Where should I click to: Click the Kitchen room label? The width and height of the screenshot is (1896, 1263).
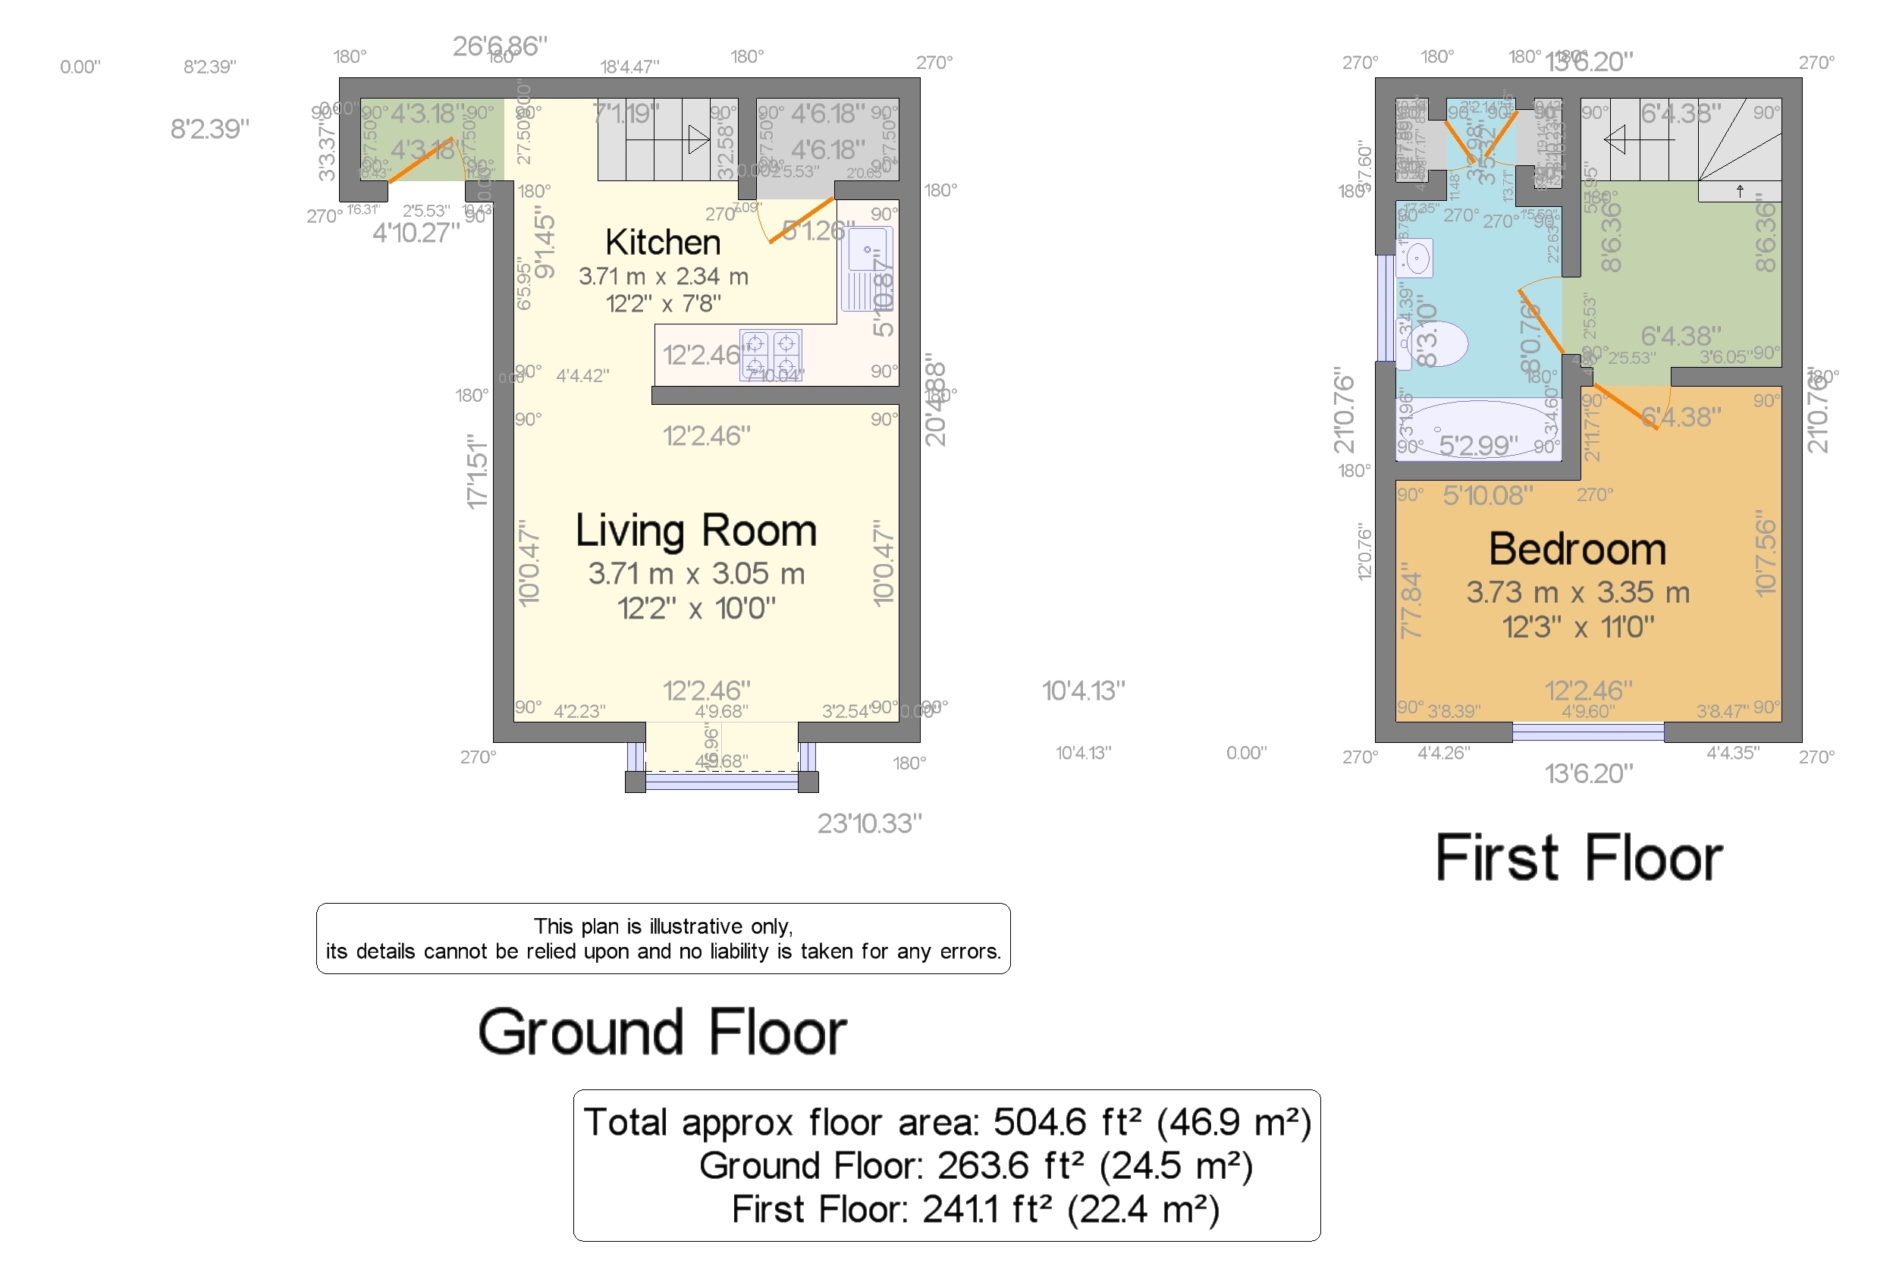click(x=662, y=243)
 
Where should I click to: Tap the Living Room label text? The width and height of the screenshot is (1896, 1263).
click(x=695, y=531)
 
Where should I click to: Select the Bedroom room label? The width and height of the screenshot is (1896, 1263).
click(x=1576, y=550)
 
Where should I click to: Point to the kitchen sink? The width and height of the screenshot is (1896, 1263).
click(x=867, y=268)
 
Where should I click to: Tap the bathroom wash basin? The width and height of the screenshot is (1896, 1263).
click(x=1416, y=258)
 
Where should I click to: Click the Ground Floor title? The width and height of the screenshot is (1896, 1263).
click(x=661, y=1032)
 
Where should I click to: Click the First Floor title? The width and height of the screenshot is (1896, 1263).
click(x=1577, y=858)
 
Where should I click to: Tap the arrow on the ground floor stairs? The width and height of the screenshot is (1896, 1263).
click(x=698, y=140)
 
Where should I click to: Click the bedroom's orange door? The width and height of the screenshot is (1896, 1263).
click(x=1626, y=407)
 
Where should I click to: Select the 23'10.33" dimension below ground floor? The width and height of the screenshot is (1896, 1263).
click(x=868, y=823)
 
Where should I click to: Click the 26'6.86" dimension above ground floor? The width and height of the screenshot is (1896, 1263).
click(x=500, y=46)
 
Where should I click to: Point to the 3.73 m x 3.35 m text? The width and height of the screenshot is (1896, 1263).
click(x=1577, y=593)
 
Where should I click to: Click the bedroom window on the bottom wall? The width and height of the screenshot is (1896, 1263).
click(x=1587, y=732)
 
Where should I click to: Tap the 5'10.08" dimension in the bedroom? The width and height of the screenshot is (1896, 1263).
click(x=1486, y=495)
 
